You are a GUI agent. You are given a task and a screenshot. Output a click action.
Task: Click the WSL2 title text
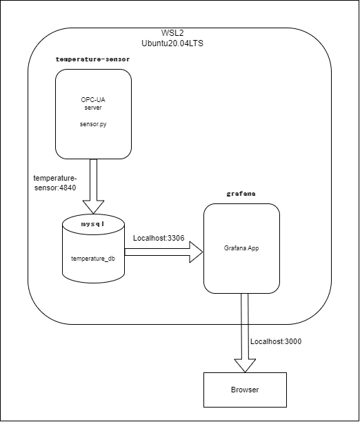172,32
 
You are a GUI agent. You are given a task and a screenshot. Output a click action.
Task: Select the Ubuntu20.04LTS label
172,43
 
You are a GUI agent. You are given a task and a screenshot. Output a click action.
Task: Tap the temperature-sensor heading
92,59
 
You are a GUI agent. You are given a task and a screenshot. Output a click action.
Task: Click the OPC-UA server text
92,103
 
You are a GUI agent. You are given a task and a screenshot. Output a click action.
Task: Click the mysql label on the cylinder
92,225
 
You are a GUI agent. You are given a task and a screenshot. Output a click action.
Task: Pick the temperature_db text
92,259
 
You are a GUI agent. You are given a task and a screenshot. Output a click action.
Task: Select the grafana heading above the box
241,194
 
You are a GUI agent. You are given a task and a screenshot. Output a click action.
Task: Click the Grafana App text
241,248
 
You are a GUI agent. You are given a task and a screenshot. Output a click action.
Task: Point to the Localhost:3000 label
276,341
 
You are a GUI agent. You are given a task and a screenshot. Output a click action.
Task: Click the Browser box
245,390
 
